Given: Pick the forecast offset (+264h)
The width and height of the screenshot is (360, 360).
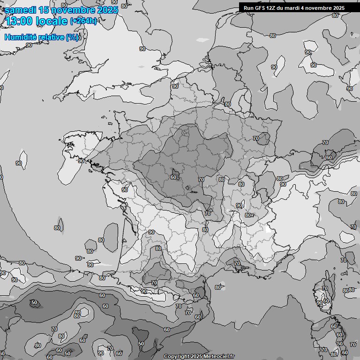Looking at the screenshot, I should click(83, 21).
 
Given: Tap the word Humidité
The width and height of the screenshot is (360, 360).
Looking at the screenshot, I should click(20, 37).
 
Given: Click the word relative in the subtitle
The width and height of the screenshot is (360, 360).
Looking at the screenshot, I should click(51, 37).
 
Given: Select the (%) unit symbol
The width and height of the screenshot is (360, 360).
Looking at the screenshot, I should click(72, 37).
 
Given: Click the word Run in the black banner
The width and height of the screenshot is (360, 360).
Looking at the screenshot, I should click(249, 8).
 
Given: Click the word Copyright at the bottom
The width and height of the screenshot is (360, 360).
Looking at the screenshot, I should click(176, 356).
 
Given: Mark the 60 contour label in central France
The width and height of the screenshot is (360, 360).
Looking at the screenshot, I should click(173, 177).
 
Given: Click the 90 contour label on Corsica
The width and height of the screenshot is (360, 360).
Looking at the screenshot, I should click(319, 303).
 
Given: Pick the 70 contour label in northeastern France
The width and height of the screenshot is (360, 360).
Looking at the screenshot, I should click(255, 138).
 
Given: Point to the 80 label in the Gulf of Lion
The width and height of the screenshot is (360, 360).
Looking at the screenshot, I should click(217, 287).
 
